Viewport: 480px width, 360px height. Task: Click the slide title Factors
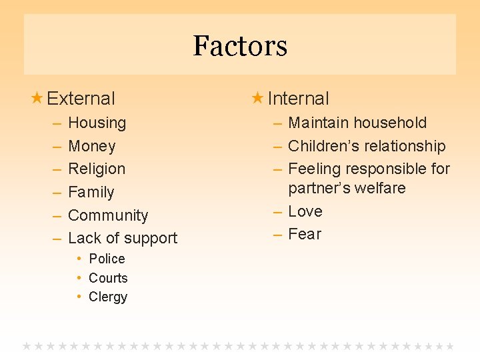(240, 46)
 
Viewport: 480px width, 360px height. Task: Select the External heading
(81, 99)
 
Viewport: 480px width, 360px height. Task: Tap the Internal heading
(298, 99)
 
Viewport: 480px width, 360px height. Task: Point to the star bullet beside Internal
(257, 98)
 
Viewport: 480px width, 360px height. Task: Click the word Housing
(97, 123)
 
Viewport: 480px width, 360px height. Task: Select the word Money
(92, 146)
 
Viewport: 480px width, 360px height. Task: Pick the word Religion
(97, 169)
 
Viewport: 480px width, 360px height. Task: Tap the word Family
(91, 192)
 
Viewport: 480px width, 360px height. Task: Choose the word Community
(108, 215)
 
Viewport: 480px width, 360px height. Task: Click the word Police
(107, 259)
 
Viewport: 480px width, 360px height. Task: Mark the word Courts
(108, 278)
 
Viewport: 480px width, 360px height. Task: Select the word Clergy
(108, 297)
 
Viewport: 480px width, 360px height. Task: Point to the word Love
(305, 211)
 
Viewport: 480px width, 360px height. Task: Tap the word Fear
(305, 234)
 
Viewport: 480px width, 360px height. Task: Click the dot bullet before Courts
(79, 278)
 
